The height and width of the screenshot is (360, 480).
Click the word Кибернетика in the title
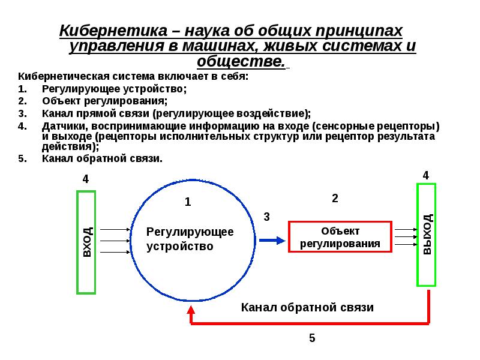(x=113, y=31)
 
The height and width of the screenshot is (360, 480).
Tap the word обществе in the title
(x=241, y=61)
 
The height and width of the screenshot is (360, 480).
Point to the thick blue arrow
(x=272, y=241)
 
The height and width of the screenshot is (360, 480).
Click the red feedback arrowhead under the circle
(x=191, y=310)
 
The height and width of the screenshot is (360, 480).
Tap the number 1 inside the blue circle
(x=188, y=202)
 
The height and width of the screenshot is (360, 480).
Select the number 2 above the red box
(x=335, y=199)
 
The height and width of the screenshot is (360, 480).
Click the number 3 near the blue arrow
(x=266, y=217)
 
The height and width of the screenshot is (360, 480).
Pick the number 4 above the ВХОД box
(x=86, y=179)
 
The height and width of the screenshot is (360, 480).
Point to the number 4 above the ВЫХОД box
(x=426, y=175)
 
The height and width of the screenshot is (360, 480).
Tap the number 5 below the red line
(x=312, y=338)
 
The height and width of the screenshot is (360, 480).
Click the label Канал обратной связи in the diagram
(x=307, y=307)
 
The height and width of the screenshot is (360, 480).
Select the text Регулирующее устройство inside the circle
(x=190, y=239)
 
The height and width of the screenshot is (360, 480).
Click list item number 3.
(x=164, y=113)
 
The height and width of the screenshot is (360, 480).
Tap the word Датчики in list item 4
(x=65, y=126)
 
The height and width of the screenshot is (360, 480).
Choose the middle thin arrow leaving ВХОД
(x=115, y=241)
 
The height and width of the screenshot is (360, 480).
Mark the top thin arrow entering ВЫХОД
(x=406, y=229)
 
